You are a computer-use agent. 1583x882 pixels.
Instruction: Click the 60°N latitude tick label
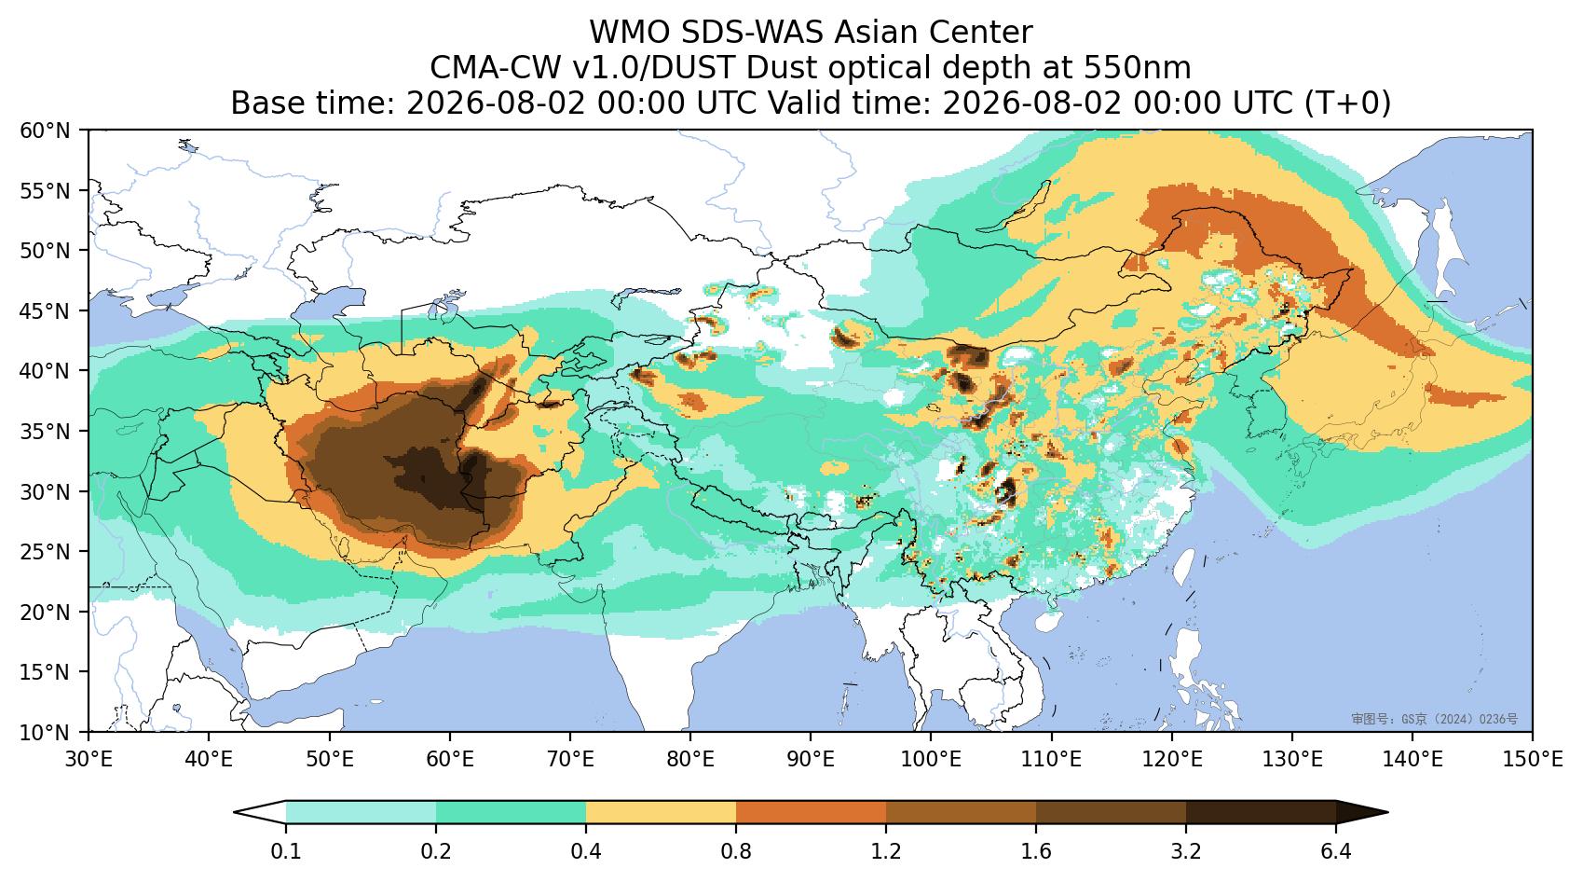pos(46,131)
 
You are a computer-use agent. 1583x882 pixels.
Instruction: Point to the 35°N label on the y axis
pos(46,431)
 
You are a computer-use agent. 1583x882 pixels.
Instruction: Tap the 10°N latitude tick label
pos(46,731)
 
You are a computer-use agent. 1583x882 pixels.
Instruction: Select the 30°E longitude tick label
pos(89,760)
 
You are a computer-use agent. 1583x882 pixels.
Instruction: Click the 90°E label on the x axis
pos(811,760)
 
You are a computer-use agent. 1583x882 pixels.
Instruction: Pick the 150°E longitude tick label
pos(1532,760)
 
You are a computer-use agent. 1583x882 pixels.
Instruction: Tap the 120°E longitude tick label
pos(1172,760)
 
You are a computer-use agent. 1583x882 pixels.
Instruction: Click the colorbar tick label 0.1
pos(286,851)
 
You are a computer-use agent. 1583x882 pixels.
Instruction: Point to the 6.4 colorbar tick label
pos(1336,851)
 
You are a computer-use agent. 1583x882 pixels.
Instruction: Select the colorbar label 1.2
pos(886,851)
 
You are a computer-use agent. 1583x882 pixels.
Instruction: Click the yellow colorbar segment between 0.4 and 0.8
pos(661,812)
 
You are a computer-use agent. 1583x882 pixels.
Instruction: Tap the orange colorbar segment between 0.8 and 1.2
pos(812,812)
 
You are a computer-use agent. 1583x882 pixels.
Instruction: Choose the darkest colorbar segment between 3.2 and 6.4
pos(1261,812)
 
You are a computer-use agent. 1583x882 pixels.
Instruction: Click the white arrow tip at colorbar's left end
pos(236,812)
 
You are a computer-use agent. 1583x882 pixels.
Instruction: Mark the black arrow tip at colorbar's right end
pos(1387,812)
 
